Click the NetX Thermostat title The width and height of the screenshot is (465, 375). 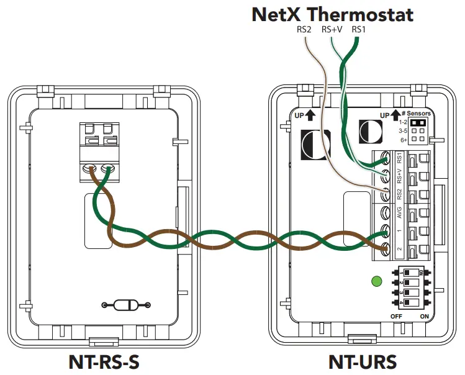coord(333,15)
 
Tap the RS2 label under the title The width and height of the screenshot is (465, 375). coord(304,30)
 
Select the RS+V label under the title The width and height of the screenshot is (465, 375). coord(332,30)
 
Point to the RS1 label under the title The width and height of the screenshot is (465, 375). coord(359,30)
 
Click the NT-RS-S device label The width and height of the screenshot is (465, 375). coord(107,361)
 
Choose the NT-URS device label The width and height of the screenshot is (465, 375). coord(362,361)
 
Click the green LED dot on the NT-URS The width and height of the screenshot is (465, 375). coord(375,282)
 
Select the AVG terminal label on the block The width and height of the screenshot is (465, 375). coord(399,212)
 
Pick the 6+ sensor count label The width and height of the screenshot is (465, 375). coord(404,140)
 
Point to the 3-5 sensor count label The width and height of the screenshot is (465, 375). coord(404,132)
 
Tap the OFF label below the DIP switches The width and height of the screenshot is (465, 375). coord(397,316)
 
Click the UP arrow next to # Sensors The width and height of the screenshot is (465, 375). coord(394,115)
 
